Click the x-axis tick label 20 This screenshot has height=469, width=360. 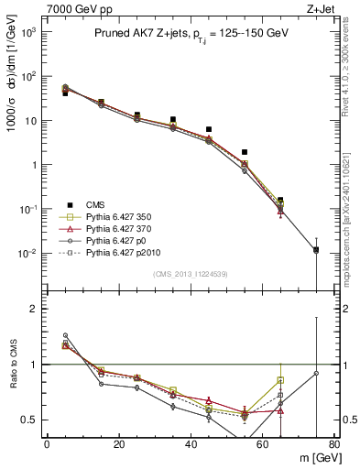pos(119,445)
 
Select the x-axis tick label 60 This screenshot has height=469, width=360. pos(263,445)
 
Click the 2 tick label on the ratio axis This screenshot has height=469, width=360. pos(34,309)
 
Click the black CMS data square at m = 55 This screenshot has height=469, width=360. pos(245,152)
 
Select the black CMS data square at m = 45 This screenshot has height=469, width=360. pos(209,129)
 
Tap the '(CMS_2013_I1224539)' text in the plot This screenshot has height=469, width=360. pos(190,273)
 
